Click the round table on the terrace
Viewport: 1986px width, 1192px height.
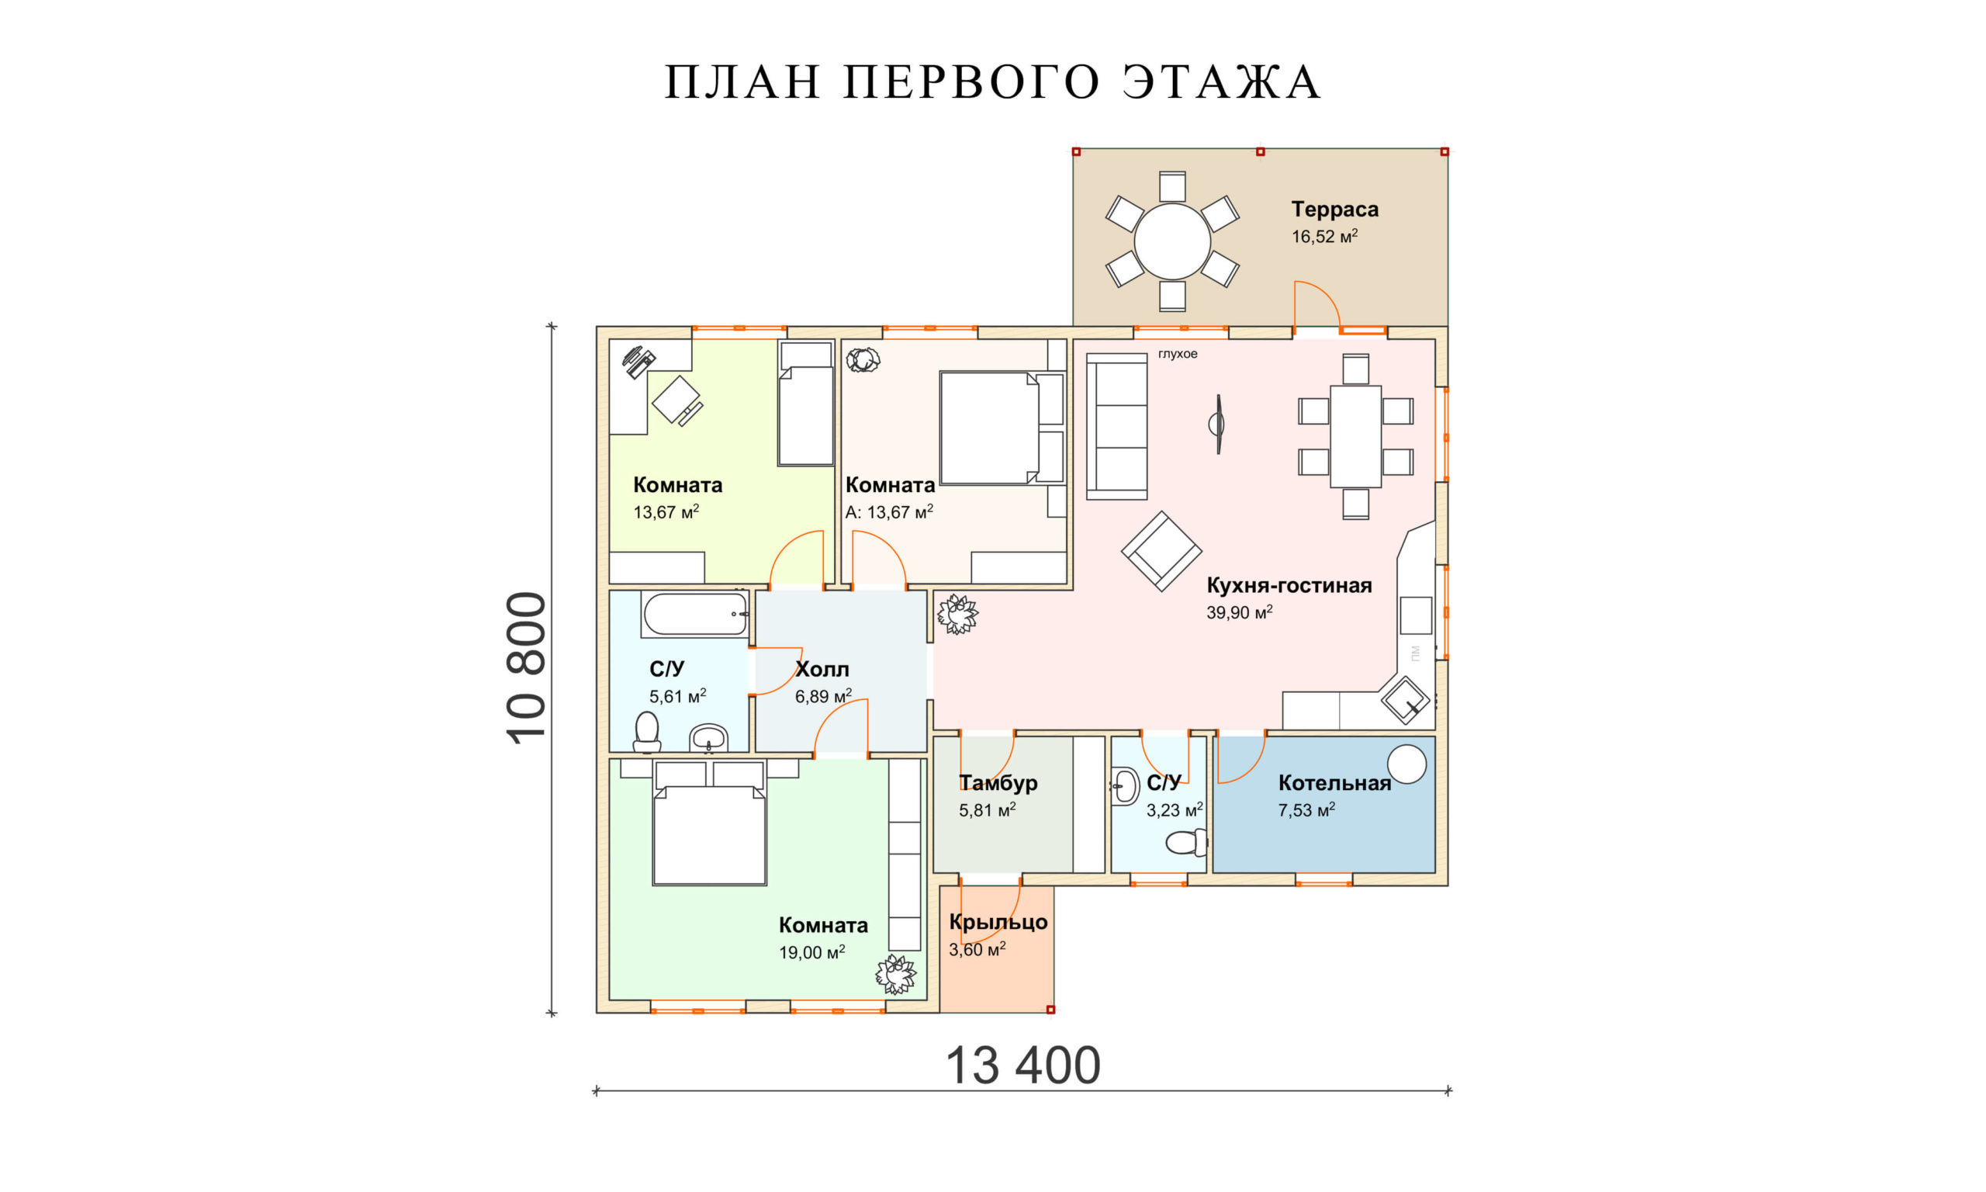point(1171,241)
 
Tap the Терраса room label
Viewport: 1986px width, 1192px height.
point(1334,209)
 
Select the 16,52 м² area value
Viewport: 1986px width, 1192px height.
point(1323,236)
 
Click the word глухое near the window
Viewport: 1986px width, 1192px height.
point(1177,353)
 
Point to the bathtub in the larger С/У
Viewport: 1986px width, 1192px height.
point(694,615)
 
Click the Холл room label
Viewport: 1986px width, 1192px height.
point(822,669)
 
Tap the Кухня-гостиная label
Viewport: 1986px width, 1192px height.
point(1289,585)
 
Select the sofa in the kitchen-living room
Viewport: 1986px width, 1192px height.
point(1116,427)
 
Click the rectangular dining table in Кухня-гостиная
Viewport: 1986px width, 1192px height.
point(1355,436)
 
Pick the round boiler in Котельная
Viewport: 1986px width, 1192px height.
point(1406,763)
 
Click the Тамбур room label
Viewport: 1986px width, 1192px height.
point(998,782)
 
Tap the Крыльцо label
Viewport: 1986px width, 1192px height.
point(998,921)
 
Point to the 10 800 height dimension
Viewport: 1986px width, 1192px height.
point(528,668)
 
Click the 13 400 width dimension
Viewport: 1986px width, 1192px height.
point(1022,1065)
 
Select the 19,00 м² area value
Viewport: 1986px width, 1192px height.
point(811,953)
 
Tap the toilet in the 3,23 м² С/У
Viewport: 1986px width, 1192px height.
point(1186,843)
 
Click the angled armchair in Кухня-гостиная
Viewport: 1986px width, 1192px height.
point(1161,551)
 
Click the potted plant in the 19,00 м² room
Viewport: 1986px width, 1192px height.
point(896,975)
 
